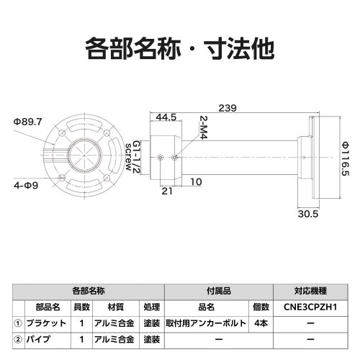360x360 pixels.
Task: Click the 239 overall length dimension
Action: tap(228, 108)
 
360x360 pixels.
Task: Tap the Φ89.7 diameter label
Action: tap(27, 122)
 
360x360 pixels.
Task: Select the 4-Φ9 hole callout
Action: tap(26, 185)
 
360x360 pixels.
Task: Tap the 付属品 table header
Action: tap(218, 292)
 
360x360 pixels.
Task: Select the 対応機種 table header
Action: tap(310, 292)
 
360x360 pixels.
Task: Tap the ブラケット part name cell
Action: tap(50, 323)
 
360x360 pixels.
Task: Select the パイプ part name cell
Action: tap(45, 339)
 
